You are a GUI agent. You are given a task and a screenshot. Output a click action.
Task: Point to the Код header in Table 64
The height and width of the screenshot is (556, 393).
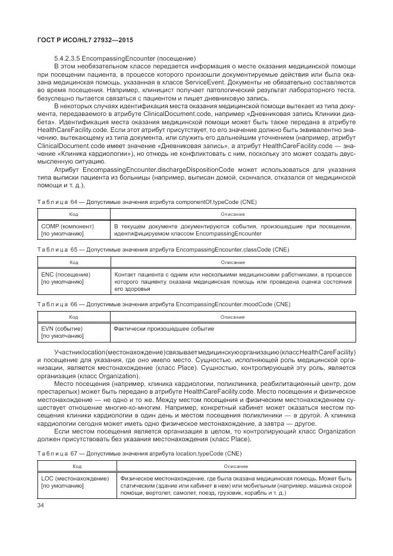point(74,214)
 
